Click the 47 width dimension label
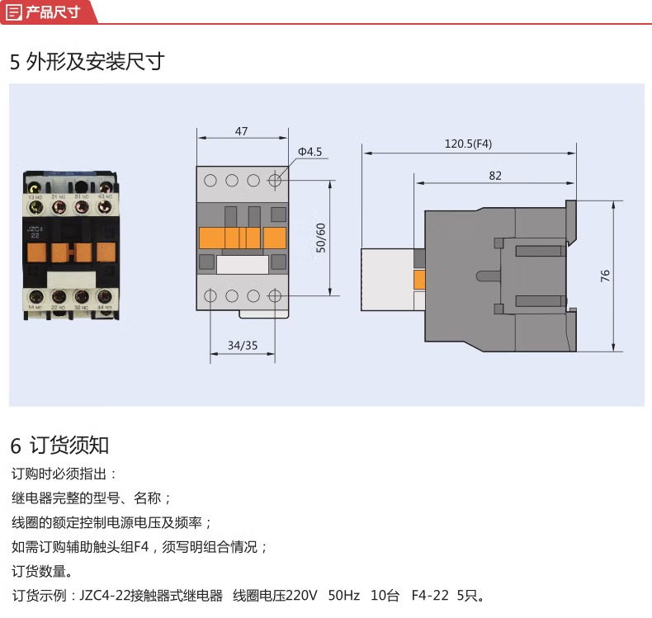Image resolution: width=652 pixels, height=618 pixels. tap(241, 131)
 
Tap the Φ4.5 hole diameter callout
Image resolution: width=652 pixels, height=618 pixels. tap(309, 152)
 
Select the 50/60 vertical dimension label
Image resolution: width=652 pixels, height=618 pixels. tap(321, 238)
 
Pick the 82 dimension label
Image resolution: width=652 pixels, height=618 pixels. tap(495, 175)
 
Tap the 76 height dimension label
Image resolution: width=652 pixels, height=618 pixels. tap(604, 276)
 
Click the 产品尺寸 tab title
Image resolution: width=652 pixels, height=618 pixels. tap(53, 12)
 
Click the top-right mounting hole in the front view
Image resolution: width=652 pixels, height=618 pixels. tap(274, 180)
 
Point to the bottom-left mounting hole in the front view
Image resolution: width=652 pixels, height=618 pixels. tap(210, 295)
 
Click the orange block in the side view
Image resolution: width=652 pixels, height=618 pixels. tap(419, 279)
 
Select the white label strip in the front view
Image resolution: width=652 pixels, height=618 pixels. tap(242, 264)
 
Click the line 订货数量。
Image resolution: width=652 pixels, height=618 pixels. tap(42, 571)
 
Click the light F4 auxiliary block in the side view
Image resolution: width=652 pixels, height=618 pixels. tap(386, 279)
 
